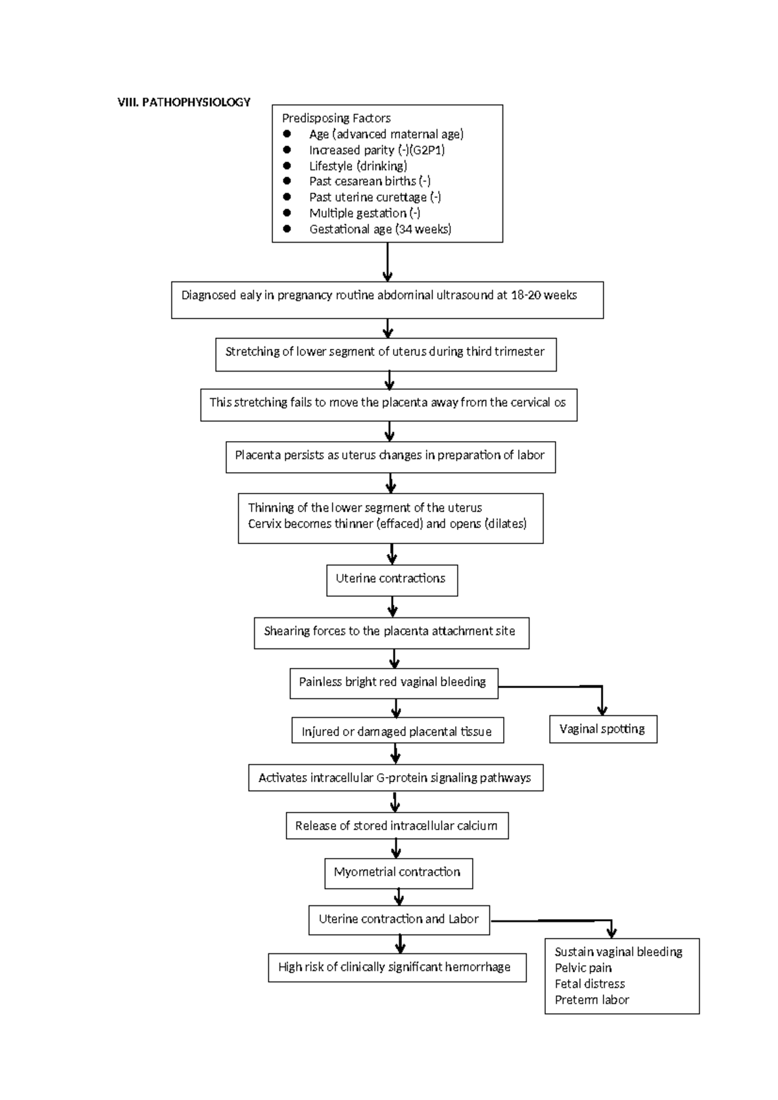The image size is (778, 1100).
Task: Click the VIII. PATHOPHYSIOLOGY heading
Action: click(183, 102)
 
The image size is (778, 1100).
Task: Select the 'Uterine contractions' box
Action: click(392, 579)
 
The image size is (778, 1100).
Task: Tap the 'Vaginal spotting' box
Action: click(602, 729)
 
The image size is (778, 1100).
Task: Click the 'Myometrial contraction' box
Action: click(397, 873)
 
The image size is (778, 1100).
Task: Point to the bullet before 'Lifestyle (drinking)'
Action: click(287, 165)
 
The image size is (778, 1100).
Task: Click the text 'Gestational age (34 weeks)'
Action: click(380, 229)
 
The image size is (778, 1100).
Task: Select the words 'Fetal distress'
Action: click(589, 983)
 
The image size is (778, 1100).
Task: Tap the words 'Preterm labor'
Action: click(591, 999)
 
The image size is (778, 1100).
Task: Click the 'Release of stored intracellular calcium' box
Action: click(396, 826)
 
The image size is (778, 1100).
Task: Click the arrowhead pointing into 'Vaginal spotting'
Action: click(602, 710)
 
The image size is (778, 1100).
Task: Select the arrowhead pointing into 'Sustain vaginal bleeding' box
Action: click(611, 933)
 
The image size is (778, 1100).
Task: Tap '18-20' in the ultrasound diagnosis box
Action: click(525, 295)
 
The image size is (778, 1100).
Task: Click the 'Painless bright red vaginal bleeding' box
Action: click(393, 682)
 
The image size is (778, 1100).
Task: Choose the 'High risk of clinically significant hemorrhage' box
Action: click(396, 967)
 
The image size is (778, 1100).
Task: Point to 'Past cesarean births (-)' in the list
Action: click(370, 182)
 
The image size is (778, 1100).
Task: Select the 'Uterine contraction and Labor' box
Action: click(399, 919)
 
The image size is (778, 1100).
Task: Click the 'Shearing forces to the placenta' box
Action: click(390, 632)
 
